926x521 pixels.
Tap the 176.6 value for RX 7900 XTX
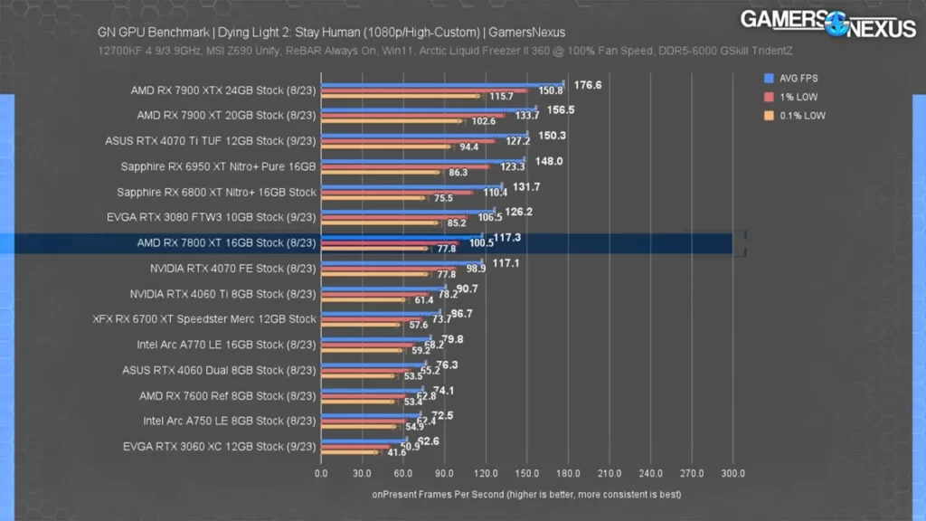[588, 85]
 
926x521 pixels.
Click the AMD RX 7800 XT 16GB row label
[226, 243]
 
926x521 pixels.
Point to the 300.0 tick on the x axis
[732, 473]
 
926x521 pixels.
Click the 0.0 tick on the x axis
[321, 473]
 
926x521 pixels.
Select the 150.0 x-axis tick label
[526, 473]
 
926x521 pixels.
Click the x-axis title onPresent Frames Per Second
[526, 495]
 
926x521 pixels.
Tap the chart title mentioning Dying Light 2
[331, 33]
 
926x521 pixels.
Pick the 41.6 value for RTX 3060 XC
[397, 452]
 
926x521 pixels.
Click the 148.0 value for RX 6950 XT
[549, 161]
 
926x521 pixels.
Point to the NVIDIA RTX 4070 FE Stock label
[232, 269]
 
